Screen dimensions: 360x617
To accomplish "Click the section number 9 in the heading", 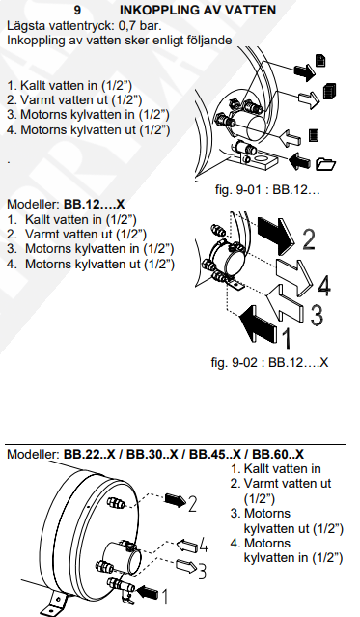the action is coord(77,10).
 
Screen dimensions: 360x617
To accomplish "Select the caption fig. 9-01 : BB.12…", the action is coord(267,189).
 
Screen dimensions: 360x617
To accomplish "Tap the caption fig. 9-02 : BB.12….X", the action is coord(269,362).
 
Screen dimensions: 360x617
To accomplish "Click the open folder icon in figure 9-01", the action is coord(325,163).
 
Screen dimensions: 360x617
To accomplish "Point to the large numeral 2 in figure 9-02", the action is coord(309,239).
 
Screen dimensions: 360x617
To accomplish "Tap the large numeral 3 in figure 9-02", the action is coord(317,315).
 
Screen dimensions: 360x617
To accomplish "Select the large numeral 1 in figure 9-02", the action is coord(288,338).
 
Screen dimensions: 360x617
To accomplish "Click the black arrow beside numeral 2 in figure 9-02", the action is coord(275,233).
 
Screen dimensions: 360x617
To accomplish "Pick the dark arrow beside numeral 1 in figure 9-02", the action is coord(260,324).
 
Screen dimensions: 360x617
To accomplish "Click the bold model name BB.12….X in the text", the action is coord(94,205).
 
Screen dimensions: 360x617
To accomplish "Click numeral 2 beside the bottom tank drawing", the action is coord(192,504).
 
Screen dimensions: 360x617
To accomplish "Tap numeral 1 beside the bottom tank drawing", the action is coord(166,596).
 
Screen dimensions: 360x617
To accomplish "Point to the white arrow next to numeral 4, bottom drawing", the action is coord(186,546).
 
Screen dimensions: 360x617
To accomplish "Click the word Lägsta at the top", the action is coord(26,26).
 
